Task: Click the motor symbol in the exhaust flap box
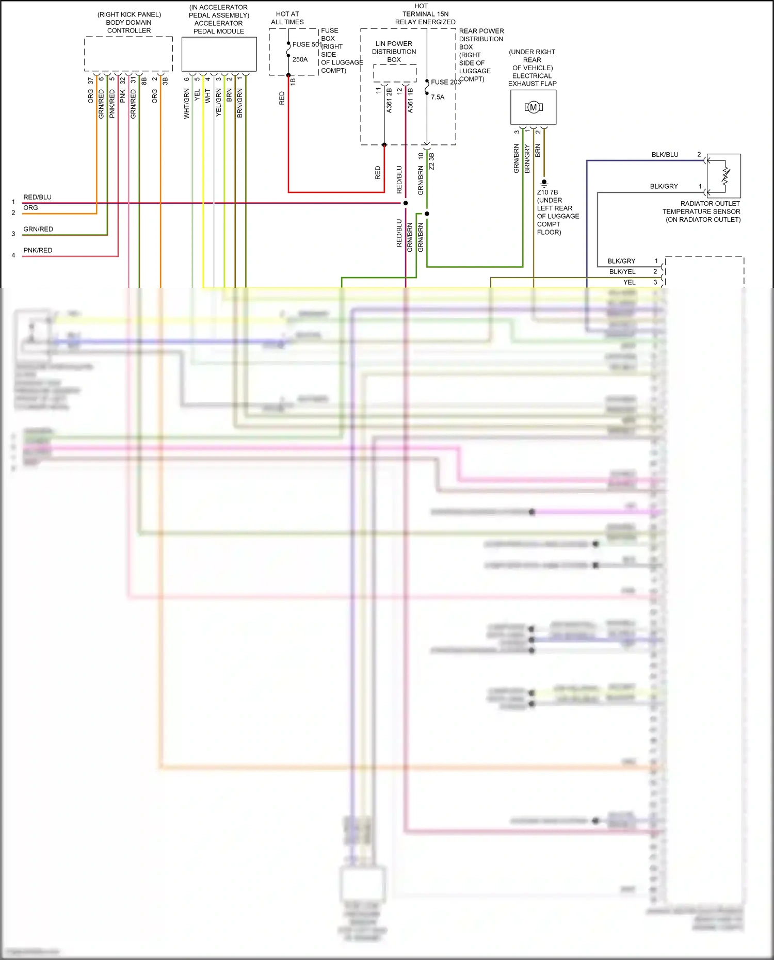click(x=534, y=107)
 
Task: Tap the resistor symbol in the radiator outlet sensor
click(x=726, y=176)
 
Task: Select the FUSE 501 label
click(x=307, y=44)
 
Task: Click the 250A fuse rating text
click(x=300, y=59)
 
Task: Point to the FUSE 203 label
click(x=445, y=82)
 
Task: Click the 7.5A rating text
click(x=438, y=97)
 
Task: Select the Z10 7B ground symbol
click(x=544, y=183)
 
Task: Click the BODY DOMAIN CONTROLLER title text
click(x=129, y=23)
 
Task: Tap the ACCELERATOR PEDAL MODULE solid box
click(x=219, y=54)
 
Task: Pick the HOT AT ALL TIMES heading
click(x=287, y=18)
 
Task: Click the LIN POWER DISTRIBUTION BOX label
click(x=394, y=52)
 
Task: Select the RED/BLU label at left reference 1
click(x=37, y=197)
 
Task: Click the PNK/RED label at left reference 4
click(x=38, y=250)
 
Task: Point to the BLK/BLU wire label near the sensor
click(x=665, y=155)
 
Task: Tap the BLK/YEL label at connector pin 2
click(x=622, y=272)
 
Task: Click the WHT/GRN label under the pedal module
click(x=187, y=104)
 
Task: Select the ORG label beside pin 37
click(x=91, y=96)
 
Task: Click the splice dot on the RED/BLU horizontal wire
click(x=406, y=203)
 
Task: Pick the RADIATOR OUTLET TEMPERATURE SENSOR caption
click(x=702, y=211)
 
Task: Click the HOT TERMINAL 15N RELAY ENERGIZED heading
click(x=425, y=14)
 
